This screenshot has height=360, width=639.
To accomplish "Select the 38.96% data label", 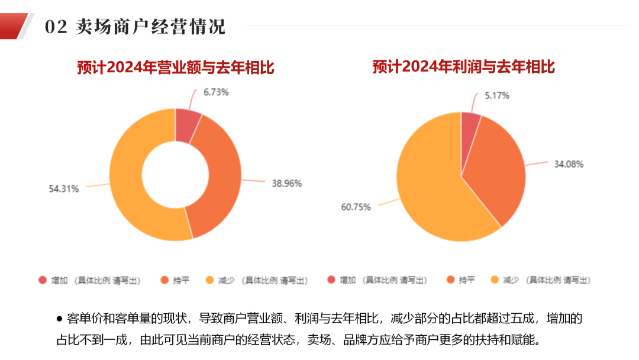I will [286, 184].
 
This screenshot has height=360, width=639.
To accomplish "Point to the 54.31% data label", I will [64, 189].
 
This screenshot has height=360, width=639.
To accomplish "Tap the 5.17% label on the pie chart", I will [496, 95].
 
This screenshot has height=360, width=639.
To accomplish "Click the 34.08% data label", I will [568, 164].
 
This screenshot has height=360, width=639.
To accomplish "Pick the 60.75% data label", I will [356, 207].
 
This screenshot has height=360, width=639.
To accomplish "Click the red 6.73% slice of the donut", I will [186, 124].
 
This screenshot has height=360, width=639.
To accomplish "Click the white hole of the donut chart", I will [175, 175].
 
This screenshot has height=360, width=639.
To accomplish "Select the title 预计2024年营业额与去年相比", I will [176, 67].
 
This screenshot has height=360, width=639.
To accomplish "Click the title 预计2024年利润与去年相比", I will [463, 67].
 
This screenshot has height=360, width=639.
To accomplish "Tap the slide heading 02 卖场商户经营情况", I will [135, 27].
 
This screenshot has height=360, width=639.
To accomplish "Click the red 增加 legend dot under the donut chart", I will [42, 280].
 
